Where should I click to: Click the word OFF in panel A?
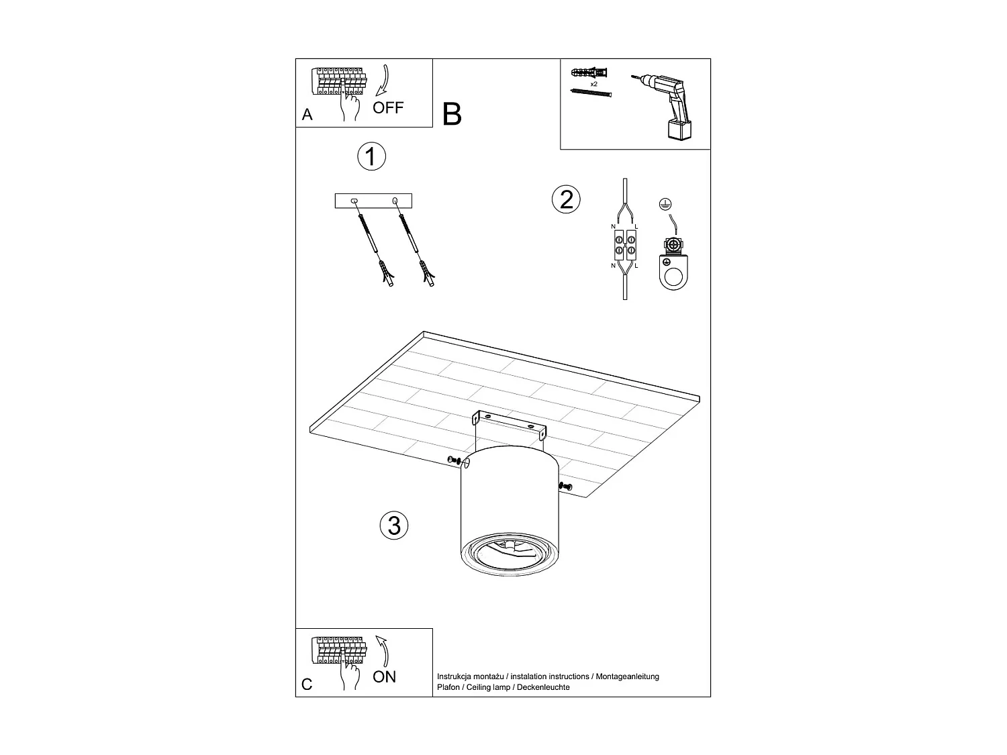pyautogui.click(x=388, y=108)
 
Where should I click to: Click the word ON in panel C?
pyautogui.click(x=385, y=676)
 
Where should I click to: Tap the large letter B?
pyautogui.click(x=452, y=115)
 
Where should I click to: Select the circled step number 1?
pyautogui.click(x=371, y=156)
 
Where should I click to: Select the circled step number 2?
pyautogui.click(x=566, y=199)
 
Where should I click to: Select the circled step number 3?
pyautogui.click(x=394, y=525)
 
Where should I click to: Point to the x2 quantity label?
pyautogui.click(x=593, y=85)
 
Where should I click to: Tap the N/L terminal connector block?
pyautogui.click(x=624, y=246)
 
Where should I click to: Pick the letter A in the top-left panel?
pyautogui.click(x=307, y=115)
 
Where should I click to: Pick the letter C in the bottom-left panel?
pyautogui.click(x=307, y=685)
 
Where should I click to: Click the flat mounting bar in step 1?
pyautogui.click(x=373, y=201)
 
